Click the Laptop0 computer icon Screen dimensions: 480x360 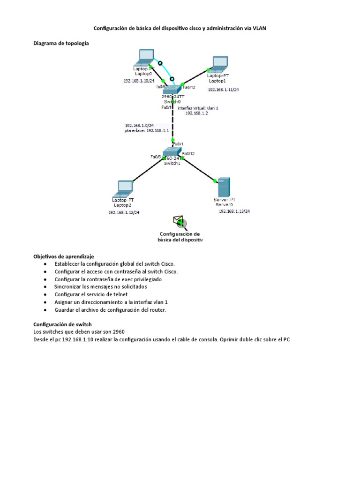tap(143, 58)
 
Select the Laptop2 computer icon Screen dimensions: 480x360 tap(125, 188)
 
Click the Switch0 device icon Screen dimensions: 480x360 tap(172, 90)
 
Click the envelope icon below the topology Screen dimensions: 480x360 tap(179, 221)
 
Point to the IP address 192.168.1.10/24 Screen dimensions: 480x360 tap(139, 81)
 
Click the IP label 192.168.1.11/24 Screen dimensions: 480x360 tap(223, 89)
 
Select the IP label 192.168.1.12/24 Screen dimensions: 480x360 tap(124, 212)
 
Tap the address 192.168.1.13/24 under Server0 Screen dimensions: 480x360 tap(234, 211)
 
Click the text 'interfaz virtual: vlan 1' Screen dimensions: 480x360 tap(198, 107)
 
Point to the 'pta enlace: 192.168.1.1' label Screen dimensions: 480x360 tap(140, 131)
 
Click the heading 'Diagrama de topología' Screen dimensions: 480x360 tap(60, 43)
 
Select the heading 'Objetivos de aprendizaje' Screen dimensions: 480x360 tap(64, 256)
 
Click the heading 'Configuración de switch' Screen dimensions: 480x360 tap(62, 324)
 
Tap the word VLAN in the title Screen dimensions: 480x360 tap(262, 28)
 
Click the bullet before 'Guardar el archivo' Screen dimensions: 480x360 tap(45, 310)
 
